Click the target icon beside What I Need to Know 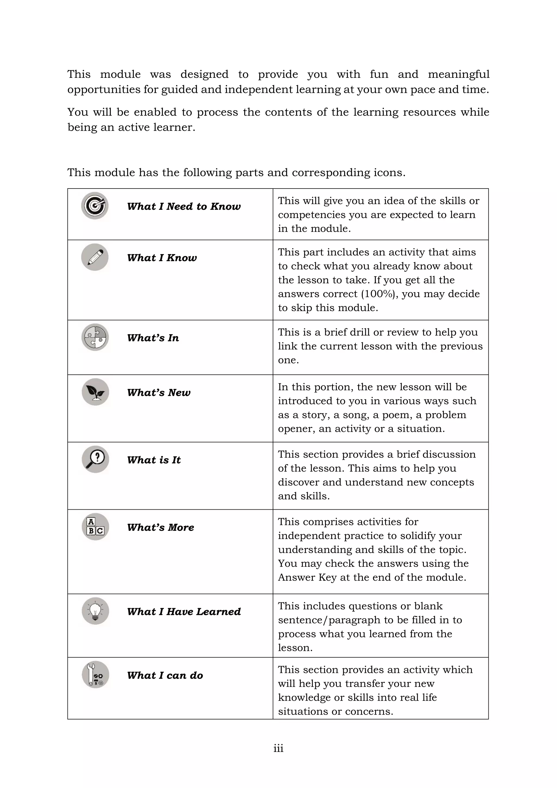95,206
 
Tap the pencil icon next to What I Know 95,257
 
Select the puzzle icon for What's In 95,337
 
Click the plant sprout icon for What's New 95,392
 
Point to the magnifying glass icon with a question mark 95,460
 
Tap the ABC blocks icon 95,527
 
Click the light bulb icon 95,611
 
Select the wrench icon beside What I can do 95,675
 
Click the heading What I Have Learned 184,612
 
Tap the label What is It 154,460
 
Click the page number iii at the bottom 278,749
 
